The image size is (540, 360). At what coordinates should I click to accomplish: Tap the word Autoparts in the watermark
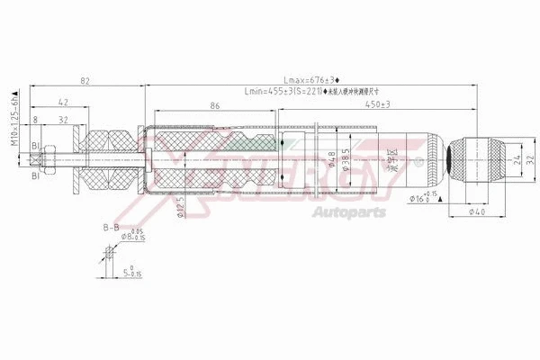tap(348, 212)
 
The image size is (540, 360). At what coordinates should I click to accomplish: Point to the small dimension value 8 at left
tap(35, 117)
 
